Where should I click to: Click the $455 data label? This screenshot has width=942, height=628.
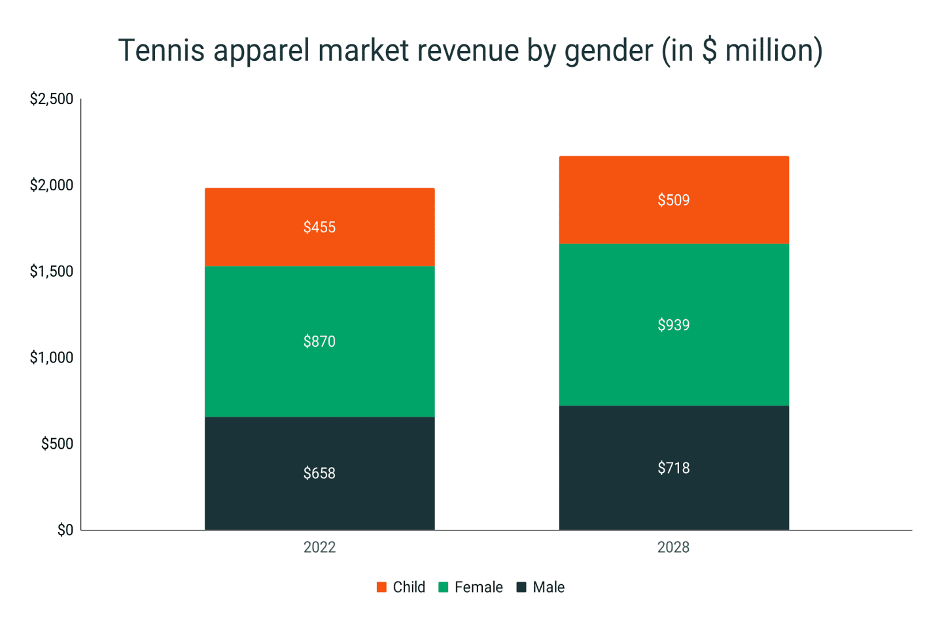pyautogui.click(x=319, y=227)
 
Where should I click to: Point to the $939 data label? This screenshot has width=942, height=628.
pyautogui.click(x=673, y=325)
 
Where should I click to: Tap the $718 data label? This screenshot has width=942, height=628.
pyautogui.click(x=673, y=468)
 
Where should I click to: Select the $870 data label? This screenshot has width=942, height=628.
pyautogui.click(x=319, y=341)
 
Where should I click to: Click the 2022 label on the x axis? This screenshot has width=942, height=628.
pyautogui.click(x=319, y=547)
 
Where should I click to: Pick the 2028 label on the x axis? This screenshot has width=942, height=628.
pyautogui.click(x=673, y=547)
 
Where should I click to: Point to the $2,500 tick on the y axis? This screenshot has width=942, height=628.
pyautogui.click(x=52, y=99)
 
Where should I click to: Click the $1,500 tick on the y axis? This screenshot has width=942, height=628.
pyautogui.click(x=52, y=271)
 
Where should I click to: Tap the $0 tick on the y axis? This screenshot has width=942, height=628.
pyautogui.click(x=65, y=530)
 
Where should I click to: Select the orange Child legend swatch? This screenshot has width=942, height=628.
pyautogui.click(x=381, y=587)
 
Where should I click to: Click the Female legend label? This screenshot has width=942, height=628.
pyautogui.click(x=478, y=587)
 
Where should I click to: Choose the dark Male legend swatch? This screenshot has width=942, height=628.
pyautogui.click(x=521, y=587)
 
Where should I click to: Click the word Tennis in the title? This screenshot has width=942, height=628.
pyautogui.click(x=161, y=50)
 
